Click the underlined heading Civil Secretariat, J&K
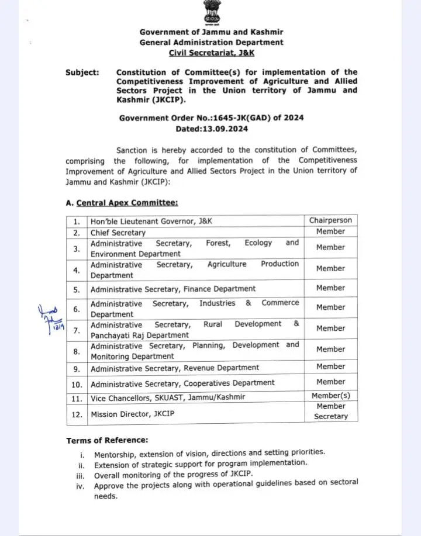click(x=211, y=53)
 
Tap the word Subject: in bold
click(x=82, y=72)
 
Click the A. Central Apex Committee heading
click(x=122, y=203)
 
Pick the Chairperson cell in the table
click(x=330, y=220)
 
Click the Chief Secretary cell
click(x=118, y=233)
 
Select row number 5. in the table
click(x=77, y=289)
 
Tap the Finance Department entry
click(x=173, y=289)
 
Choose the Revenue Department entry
click(x=175, y=368)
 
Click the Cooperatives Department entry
click(x=182, y=383)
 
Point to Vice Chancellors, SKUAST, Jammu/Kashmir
click(x=167, y=397)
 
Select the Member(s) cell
click(x=331, y=396)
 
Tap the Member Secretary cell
click(x=331, y=411)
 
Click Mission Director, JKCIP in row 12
click(x=132, y=414)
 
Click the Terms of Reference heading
click(x=107, y=440)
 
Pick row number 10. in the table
click(x=77, y=383)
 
